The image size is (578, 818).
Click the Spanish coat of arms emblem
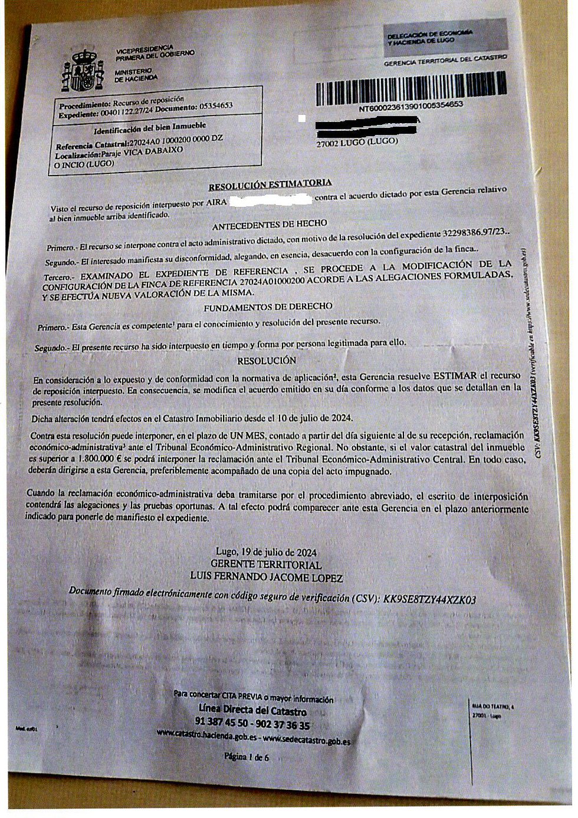pyautogui.click(x=83, y=71)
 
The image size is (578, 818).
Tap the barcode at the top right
pyautogui.click(x=411, y=88)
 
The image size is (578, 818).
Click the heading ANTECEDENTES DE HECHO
pyautogui.click(x=270, y=226)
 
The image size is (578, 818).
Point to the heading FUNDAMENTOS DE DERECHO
pyautogui.click(x=268, y=308)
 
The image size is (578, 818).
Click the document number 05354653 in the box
pyautogui.click(x=216, y=106)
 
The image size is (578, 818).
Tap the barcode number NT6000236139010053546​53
pyautogui.click(x=411, y=106)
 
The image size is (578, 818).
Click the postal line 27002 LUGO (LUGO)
pyautogui.click(x=357, y=142)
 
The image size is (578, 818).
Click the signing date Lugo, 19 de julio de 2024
pyautogui.click(x=266, y=552)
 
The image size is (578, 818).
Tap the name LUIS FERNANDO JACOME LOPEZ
pyautogui.click(x=266, y=578)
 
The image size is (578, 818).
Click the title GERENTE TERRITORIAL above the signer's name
pyautogui.click(x=266, y=565)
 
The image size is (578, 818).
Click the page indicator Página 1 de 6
pyautogui.click(x=247, y=757)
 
